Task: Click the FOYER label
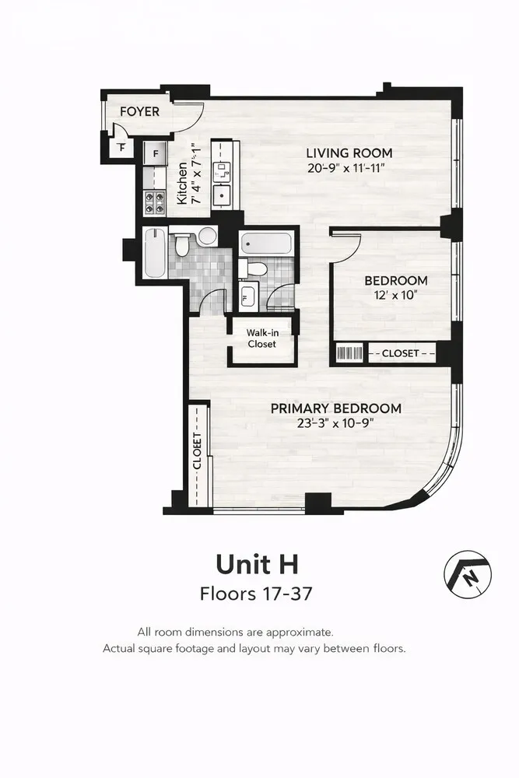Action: (x=139, y=111)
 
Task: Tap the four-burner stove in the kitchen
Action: (x=154, y=203)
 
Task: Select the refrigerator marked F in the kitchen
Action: (x=156, y=154)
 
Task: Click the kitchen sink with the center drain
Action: (x=221, y=194)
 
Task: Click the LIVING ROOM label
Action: (x=349, y=152)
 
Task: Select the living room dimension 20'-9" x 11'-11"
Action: (x=345, y=168)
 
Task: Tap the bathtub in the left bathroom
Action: (x=154, y=253)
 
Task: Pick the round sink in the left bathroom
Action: (x=207, y=236)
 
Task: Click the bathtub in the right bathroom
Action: (x=266, y=243)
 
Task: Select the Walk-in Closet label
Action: (x=262, y=338)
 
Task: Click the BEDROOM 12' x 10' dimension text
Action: (x=395, y=295)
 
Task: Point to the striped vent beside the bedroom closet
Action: (x=350, y=353)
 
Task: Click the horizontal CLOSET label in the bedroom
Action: (x=401, y=353)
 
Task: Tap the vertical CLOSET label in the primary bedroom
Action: (x=197, y=451)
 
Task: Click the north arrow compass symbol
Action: (x=468, y=575)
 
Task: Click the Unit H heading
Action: (x=257, y=565)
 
